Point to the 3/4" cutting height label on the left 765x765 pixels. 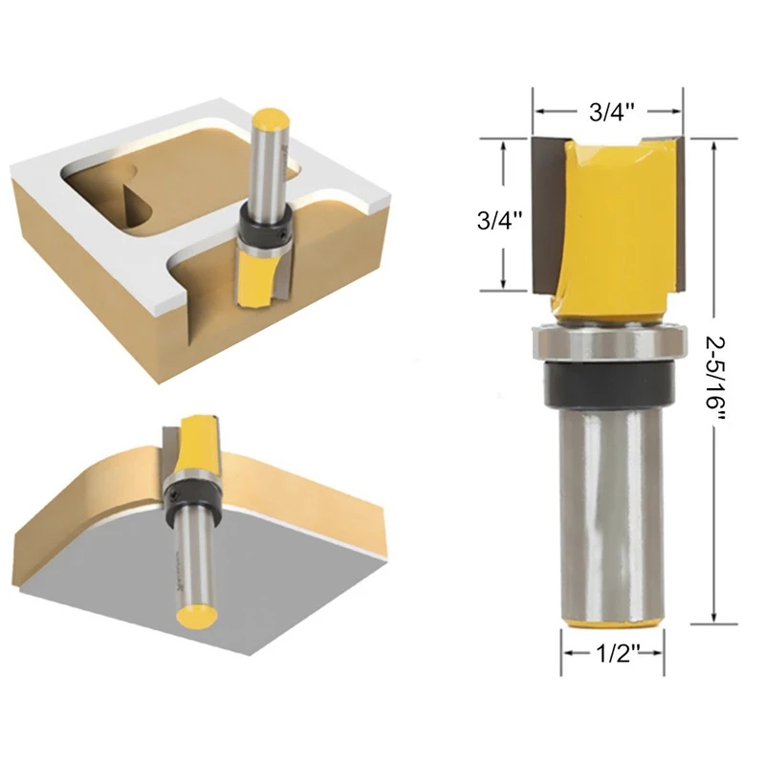(499, 221)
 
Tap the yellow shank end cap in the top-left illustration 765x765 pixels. (272, 120)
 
